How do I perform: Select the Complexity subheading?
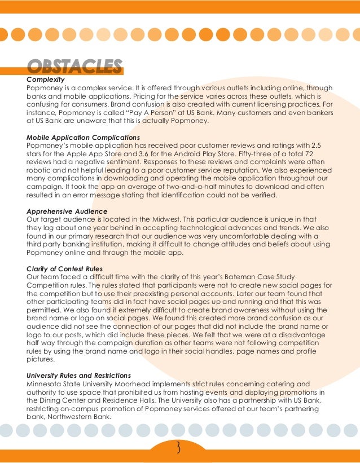46,80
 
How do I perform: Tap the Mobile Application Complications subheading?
83,137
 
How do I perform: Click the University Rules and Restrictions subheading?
79,376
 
